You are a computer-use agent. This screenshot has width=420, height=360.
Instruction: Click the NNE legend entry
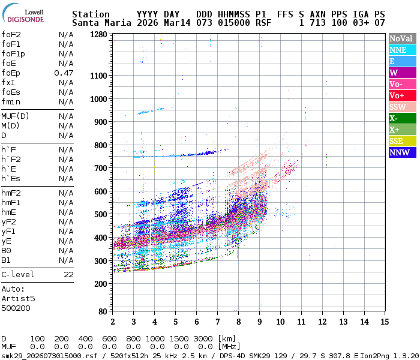(x=400, y=50)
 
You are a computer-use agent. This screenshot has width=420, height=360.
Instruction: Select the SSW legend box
(x=400, y=107)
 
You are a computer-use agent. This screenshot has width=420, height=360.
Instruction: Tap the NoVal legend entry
(x=400, y=38)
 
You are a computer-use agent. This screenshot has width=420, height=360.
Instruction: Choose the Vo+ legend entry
(x=400, y=95)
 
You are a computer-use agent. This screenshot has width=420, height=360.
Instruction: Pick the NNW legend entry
(x=400, y=152)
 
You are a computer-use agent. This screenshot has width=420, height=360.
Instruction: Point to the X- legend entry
(x=400, y=118)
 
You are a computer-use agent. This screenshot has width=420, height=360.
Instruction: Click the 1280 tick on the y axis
(x=98, y=35)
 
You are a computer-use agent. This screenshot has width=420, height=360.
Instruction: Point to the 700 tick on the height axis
(x=100, y=168)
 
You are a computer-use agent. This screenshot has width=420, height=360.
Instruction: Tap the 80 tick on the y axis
(x=103, y=311)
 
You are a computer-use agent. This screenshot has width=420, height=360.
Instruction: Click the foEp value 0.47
(x=64, y=73)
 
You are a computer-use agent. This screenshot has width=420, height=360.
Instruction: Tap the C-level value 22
(x=68, y=274)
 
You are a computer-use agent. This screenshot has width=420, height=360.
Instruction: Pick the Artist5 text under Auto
(x=18, y=298)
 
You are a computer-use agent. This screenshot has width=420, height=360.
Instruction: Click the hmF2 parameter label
(x=11, y=193)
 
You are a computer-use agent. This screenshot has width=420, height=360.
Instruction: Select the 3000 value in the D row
(x=202, y=338)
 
